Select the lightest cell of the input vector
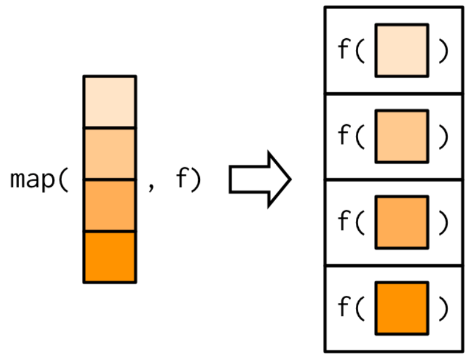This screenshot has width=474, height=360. tap(110, 102)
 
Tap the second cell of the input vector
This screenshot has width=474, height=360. tap(110, 154)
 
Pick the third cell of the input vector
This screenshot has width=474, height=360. tap(110, 205)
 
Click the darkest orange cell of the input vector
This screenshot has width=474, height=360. tap(110, 257)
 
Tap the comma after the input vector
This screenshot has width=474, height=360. tap(152, 185)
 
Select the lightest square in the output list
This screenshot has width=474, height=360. tap(401, 50)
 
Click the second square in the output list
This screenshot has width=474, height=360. tap(401, 136)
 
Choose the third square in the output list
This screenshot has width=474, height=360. tap(401, 222)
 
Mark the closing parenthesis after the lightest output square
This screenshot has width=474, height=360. tap(444, 51)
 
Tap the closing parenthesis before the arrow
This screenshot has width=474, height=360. tap(195, 181)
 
